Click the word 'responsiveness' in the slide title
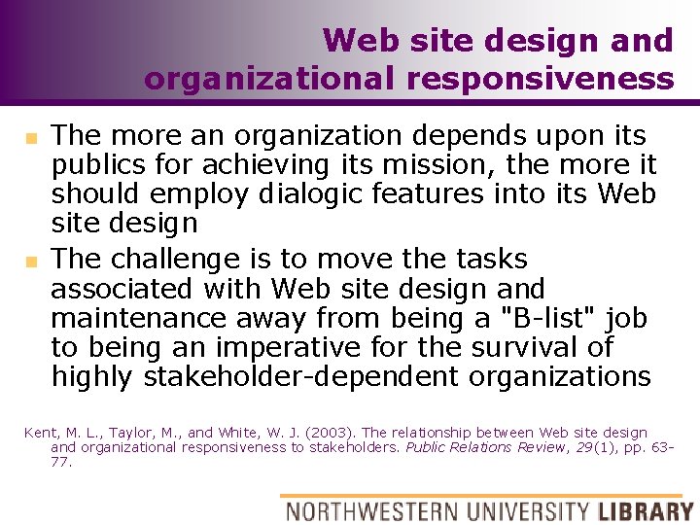tap(541, 78)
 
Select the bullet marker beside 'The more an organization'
tap(30, 137)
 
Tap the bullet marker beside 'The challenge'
tap(30, 262)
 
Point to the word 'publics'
tap(90, 164)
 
